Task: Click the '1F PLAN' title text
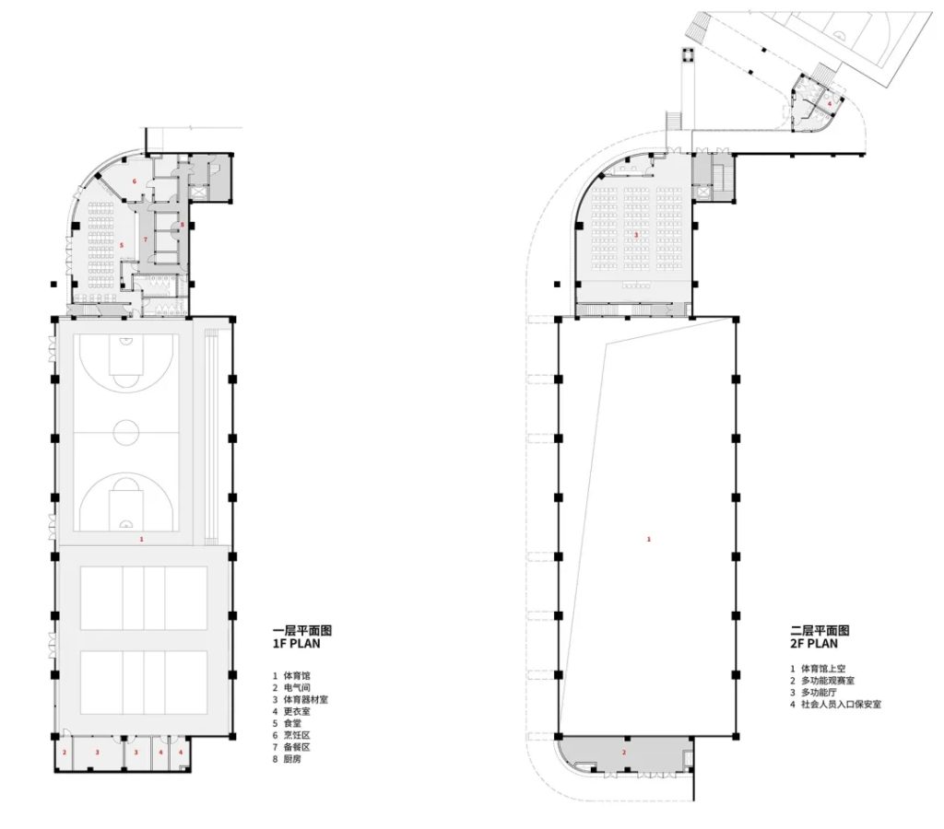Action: [296, 643]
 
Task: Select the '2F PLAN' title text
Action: [814, 643]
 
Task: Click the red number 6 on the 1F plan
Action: [135, 181]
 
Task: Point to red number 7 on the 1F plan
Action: [145, 239]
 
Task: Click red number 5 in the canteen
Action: [122, 245]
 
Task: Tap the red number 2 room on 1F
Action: [65, 752]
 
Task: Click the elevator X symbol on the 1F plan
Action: [198, 193]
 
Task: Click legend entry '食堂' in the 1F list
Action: [292, 723]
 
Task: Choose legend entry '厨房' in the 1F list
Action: [292, 759]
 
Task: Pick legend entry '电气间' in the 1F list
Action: [297, 688]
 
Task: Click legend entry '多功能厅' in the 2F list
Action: [819, 692]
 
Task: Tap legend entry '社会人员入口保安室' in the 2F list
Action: [841, 704]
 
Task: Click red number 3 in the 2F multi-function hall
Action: [636, 235]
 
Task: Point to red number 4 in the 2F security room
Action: [829, 103]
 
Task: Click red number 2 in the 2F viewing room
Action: [624, 753]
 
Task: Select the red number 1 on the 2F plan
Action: [648, 539]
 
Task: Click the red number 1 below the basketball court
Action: [141, 539]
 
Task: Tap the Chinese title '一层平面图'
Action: [302, 630]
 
